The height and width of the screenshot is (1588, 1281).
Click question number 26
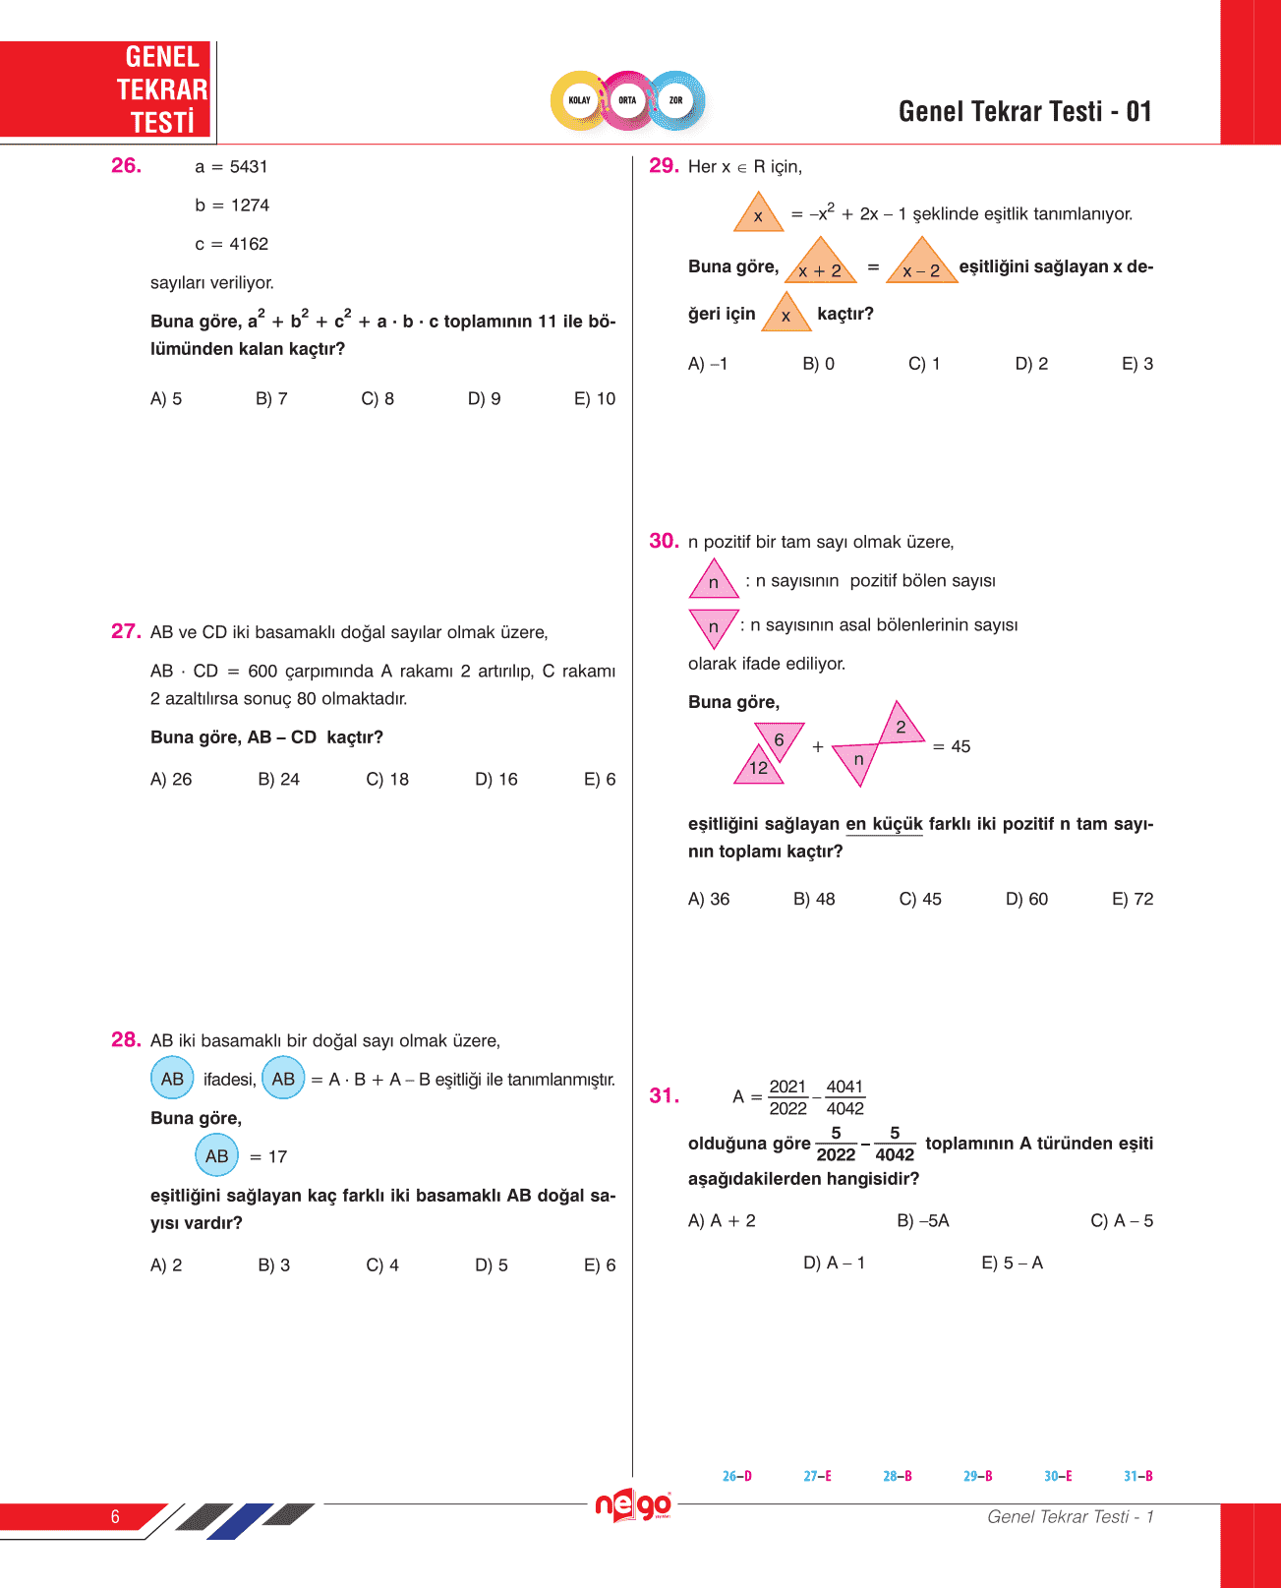coord(126,165)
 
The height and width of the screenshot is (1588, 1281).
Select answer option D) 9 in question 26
coord(484,398)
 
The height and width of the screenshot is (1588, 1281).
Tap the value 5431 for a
coord(249,166)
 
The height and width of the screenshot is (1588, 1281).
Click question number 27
coord(126,631)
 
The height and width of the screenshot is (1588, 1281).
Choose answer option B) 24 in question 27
coord(278,779)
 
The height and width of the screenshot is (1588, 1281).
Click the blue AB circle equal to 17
coord(216,1156)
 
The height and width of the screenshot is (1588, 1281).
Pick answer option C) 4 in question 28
coord(382,1265)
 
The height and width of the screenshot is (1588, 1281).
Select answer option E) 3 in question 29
coord(1137,364)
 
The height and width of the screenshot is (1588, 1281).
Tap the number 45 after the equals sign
coord(961,746)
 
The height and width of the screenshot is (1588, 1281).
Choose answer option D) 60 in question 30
coord(1026,899)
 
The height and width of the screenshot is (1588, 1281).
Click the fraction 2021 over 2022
coord(787,1097)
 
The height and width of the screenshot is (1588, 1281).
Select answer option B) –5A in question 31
coord(922,1220)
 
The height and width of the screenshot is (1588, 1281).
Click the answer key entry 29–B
coord(977,1476)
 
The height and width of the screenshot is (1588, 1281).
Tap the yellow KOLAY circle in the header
coord(579,100)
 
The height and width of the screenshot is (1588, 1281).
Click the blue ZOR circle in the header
coord(675,100)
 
